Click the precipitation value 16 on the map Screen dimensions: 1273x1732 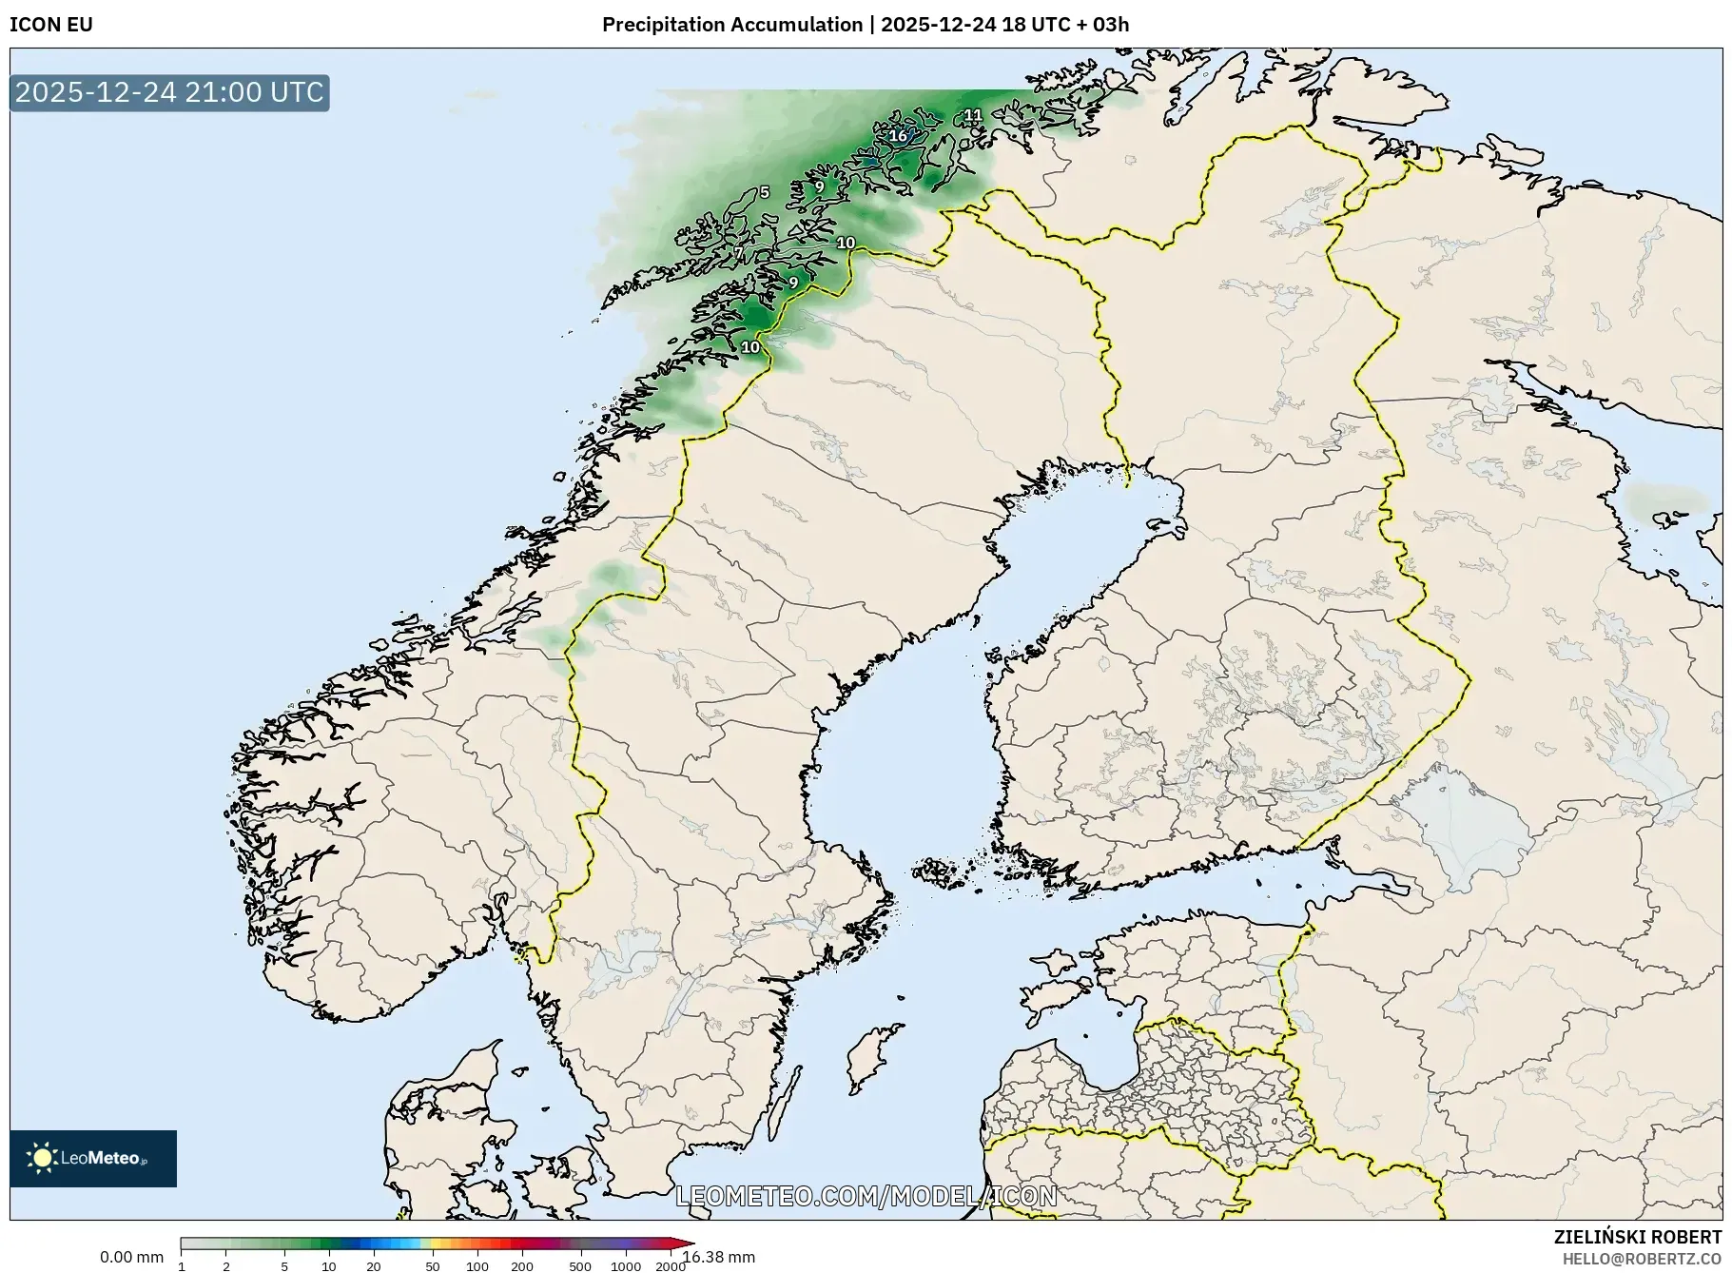[x=898, y=136]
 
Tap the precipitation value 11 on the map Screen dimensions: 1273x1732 [x=973, y=115]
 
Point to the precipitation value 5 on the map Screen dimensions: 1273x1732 [x=764, y=192]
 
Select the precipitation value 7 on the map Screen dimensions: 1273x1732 [x=738, y=253]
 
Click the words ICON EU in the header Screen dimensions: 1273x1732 [x=51, y=25]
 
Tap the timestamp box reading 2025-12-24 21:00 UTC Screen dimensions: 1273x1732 [x=169, y=92]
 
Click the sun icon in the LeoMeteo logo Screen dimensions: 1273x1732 [x=42, y=1157]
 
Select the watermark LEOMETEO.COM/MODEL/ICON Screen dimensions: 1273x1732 [x=866, y=1195]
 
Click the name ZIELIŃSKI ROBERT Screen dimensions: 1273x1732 [x=1637, y=1237]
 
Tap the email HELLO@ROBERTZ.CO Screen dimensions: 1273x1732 [x=1642, y=1259]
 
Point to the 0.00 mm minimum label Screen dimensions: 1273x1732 [x=131, y=1257]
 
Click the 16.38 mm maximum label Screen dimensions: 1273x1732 [x=719, y=1257]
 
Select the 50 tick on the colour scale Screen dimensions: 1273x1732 [x=433, y=1266]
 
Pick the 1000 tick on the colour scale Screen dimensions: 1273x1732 [x=626, y=1266]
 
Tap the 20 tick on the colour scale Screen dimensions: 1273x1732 [x=374, y=1266]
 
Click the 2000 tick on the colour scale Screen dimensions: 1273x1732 [x=671, y=1266]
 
